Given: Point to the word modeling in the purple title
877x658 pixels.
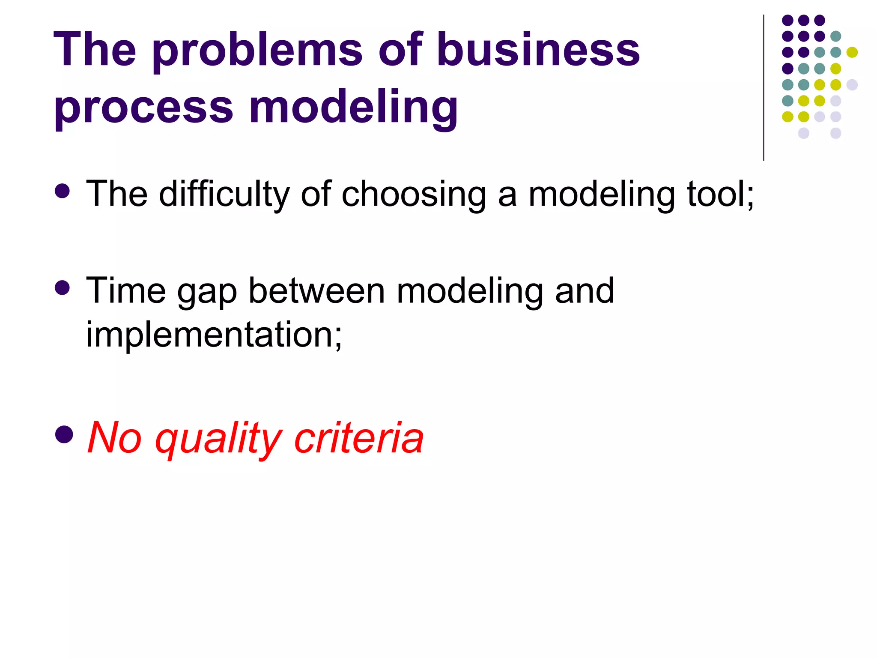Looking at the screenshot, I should (x=353, y=107).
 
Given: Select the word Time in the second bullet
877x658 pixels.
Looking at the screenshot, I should (x=126, y=291).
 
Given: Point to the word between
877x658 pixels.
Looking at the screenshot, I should (x=317, y=291).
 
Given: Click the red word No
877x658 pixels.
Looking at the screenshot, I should (x=114, y=438).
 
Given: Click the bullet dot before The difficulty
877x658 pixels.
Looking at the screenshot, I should (x=63, y=191).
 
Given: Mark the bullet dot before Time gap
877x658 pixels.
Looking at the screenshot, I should (x=63, y=288).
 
